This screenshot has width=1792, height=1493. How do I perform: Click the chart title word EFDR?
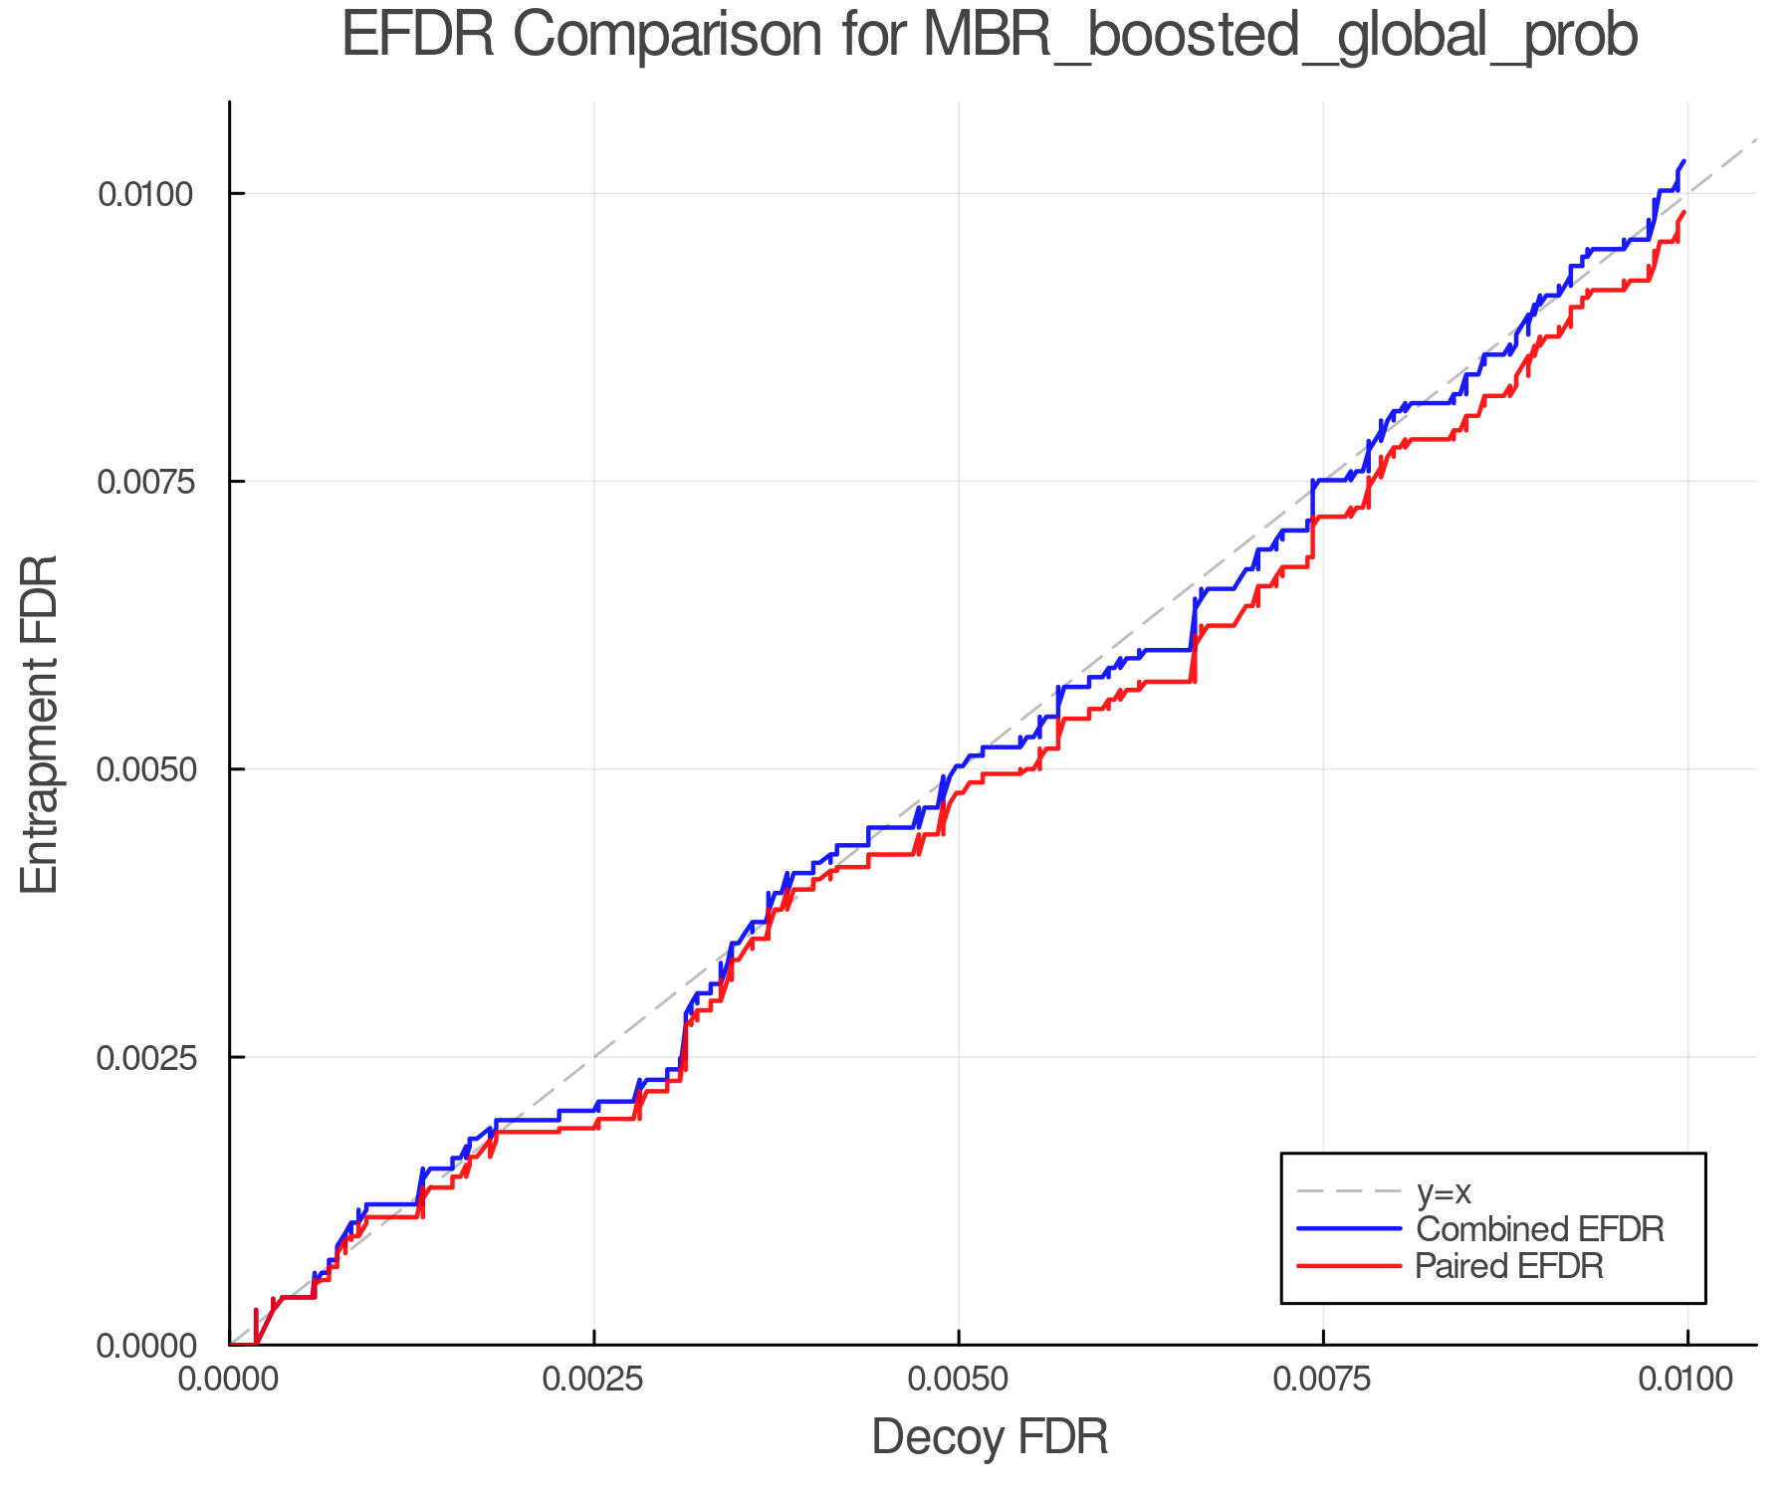click(418, 37)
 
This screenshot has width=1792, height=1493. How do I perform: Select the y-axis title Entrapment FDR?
click(41, 724)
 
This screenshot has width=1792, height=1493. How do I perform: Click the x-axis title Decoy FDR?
click(990, 1437)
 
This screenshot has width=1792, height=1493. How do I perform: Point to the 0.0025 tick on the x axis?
click(594, 1380)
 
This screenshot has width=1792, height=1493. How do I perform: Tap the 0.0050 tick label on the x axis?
click(959, 1380)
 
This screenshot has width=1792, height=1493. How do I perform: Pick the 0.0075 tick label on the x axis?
click(1323, 1380)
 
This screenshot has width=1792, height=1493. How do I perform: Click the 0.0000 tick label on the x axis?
click(229, 1380)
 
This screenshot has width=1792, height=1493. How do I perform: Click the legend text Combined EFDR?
click(1539, 1229)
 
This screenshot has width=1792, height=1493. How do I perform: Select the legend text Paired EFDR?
click(1508, 1266)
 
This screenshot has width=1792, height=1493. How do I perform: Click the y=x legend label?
click(1443, 1191)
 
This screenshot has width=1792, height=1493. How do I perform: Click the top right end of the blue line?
click(1684, 161)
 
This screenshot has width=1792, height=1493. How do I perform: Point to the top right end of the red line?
click(1684, 212)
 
